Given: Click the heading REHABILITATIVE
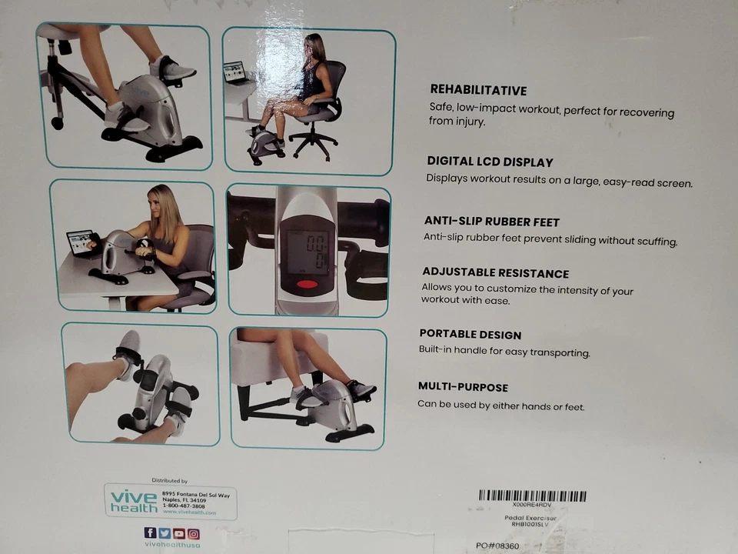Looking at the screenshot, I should pos(478,90).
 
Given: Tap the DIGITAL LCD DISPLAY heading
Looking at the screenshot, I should pos(490,162).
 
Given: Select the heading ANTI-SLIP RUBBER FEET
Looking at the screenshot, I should pos(491,222).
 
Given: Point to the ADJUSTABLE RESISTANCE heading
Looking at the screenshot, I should pos(495,273).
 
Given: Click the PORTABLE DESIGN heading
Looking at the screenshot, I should pos(470,335).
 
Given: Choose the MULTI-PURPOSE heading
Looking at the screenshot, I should pos(463,387).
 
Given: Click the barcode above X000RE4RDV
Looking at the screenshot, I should pos(532,496).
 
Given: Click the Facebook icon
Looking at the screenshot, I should pos(150,533).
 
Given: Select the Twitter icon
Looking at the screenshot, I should pos(165,533).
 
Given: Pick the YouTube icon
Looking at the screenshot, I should pos(179,533).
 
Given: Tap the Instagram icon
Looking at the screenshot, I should pos(194,533).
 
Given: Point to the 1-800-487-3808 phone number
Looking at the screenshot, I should pos(184,506).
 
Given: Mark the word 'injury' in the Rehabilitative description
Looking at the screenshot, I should pos(468,122).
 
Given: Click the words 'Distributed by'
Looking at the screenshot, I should pos(169,480).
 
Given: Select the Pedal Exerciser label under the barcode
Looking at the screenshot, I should pos(530,519).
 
